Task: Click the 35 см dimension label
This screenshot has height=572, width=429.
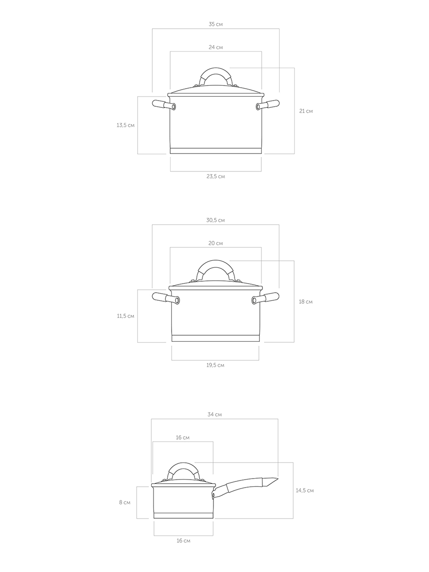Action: pos(215,24)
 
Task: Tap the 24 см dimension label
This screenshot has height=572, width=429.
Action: pos(215,47)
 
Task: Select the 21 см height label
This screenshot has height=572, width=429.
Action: pos(306,111)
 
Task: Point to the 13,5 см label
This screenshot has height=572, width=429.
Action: pos(125,125)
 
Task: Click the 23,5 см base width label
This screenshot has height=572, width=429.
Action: pos(215,176)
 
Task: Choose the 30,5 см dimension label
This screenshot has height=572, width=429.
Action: pos(215,220)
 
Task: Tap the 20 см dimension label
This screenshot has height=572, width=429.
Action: pos(215,243)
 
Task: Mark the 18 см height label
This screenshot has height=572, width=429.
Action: pos(306,302)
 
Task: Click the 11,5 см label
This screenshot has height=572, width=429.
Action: pos(125,316)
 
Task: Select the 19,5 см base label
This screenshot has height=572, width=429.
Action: pos(215,365)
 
